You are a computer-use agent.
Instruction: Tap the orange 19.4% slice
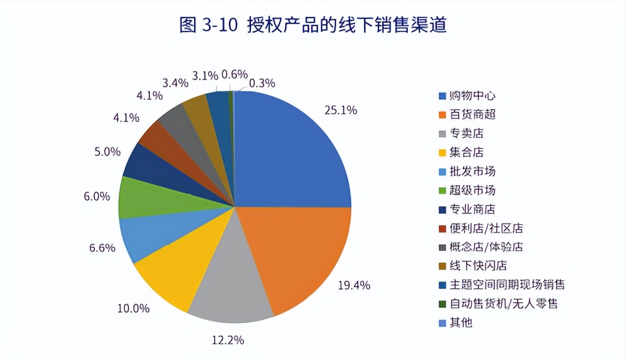coord(298,253)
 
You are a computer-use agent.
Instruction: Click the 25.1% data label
coord(341,110)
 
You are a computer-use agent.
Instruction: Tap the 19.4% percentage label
coord(354,285)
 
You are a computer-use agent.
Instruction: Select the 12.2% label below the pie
coord(228,340)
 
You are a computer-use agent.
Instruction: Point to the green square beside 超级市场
coord(442,191)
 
